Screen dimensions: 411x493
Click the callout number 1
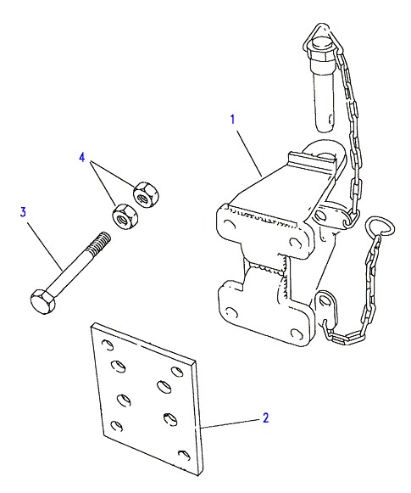233,120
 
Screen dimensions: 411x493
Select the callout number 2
265,417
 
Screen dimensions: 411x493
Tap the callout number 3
23,212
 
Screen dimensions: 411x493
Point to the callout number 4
82,157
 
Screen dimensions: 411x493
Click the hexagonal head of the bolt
42,301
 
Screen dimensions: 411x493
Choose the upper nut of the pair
146,194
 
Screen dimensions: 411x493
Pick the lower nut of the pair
125,216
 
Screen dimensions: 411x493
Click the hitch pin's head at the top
321,44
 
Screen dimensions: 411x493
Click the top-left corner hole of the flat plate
108,345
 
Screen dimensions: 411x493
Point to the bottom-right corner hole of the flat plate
184,456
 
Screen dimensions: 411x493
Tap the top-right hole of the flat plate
177,372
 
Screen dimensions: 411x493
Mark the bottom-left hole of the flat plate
116,426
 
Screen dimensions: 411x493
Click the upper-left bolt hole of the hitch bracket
230,224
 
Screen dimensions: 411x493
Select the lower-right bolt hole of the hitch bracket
296,333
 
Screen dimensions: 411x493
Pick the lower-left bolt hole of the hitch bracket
231,312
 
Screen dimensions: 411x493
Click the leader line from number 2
230,423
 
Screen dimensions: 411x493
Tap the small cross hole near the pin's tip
330,119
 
